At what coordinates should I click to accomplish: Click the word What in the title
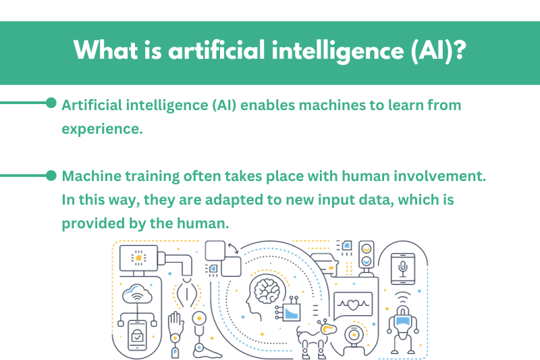pyautogui.click(x=106, y=50)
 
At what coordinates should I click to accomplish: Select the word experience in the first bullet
pyautogui.click(x=102, y=130)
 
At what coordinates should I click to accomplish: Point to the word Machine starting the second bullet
pyautogui.click(x=91, y=176)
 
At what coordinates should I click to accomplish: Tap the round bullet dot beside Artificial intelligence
pyautogui.click(x=51, y=103)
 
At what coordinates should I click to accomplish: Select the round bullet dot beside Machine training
pyautogui.click(x=51, y=176)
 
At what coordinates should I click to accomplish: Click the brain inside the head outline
pyautogui.click(x=267, y=290)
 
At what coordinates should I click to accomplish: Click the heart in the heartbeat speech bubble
pyautogui.click(x=353, y=305)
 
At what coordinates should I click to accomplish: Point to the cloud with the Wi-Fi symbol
pyautogui.click(x=138, y=294)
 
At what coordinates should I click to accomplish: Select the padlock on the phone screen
pyautogui.click(x=137, y=335)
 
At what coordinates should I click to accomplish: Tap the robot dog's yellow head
pyautogui.click(x=328, y=328)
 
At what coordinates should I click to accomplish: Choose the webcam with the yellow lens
pyautogui.click(x=353, y=334)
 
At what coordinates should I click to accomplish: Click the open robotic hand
pyautogui.click(x=175, y=322)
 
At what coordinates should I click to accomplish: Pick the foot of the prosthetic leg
pyautogui.click(x=207, y=352)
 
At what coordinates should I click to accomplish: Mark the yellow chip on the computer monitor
pyautogui.click(x=138, y=258)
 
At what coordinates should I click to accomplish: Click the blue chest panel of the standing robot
pyautogui.click(x=402, y=321)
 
